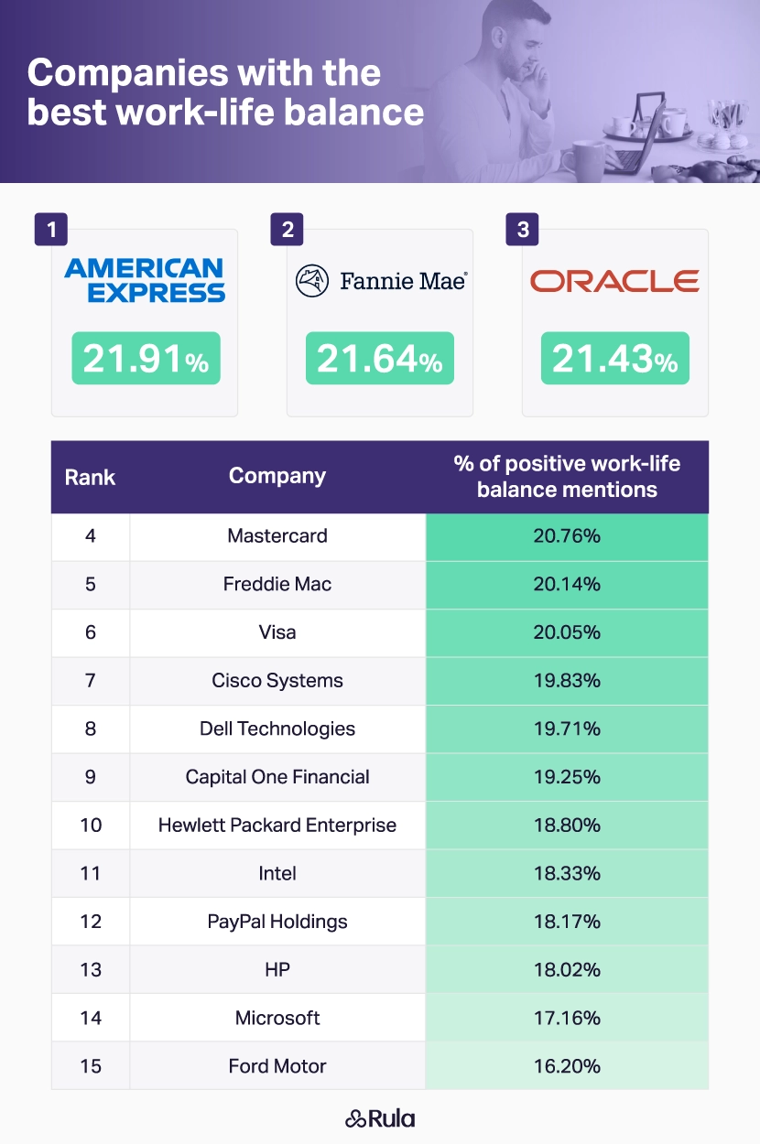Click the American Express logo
point(145,280)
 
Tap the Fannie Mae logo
point(381,280)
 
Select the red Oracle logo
point(614,280)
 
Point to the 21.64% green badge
point(380,359)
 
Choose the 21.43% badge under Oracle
point(614,359)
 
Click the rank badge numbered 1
point(51,230)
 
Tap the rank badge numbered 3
point(523,230)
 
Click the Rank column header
point(90,477)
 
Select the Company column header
point(277,476)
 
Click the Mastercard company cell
point(277,536)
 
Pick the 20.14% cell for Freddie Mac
point(567,585)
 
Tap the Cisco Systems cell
point(277,681)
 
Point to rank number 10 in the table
point(91,826)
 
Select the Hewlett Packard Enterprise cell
point(277,826)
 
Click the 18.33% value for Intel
point(567,874)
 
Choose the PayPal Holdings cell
point(277,922)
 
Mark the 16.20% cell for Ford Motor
point(567,1066)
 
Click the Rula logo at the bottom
point(380,1118)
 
